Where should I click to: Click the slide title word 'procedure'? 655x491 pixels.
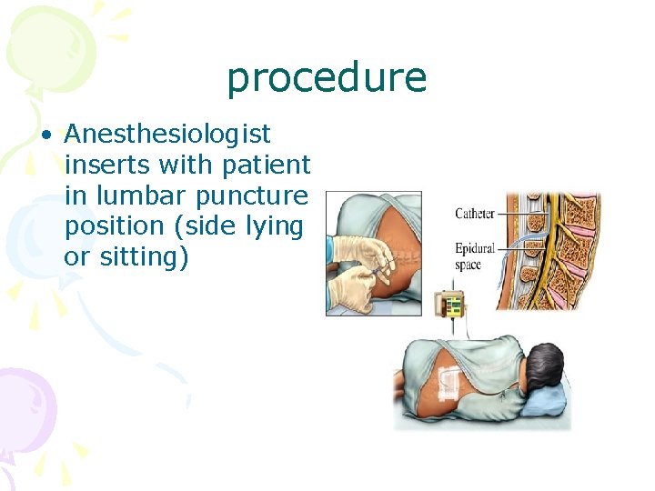coord(327,78)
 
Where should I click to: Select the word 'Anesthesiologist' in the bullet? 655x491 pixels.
coord(167,135)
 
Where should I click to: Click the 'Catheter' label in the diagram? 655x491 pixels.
coord(475,214)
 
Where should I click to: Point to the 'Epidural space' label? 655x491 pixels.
coord(475,256)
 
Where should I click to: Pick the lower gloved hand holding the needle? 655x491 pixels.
coord(349,289)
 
